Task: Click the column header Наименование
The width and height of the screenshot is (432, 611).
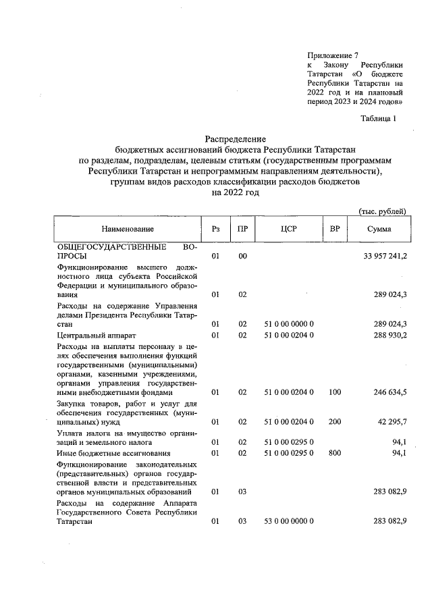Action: click(x=128, y=230)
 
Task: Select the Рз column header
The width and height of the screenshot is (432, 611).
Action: click(x=215, y=230)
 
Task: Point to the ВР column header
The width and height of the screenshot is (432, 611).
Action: click(x=334, y=230)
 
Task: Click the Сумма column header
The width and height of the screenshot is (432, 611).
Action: click(x=379, y=230)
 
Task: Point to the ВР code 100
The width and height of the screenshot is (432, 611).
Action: click(x=334, y=392)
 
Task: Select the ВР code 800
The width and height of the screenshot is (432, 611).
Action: click(x=334, y=452)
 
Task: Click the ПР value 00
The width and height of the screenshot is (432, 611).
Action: click(x=242, y=257)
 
